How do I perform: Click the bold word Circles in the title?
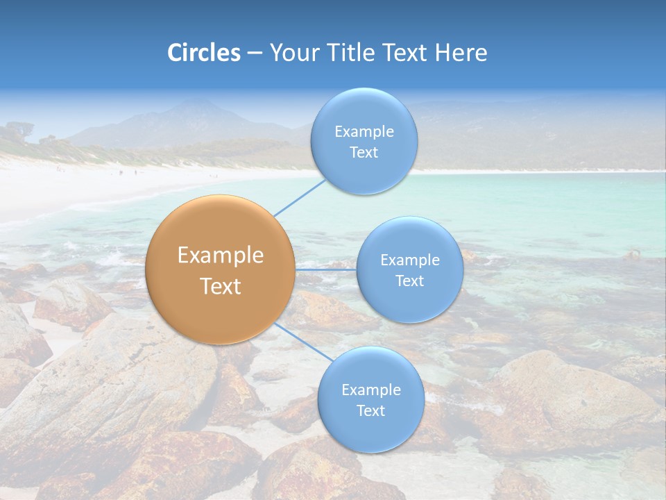(x=204, y=53)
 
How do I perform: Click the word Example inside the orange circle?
(x=221, y=256)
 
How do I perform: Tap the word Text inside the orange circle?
(x=221, y=286)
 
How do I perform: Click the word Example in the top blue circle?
(x=364, y=132)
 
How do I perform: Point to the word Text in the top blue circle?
(x=364, y=153)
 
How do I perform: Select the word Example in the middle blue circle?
(x=410, y=260)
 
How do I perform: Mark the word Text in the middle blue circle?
(x=409, y=281)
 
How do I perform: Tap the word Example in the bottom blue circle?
(x=371, y=390)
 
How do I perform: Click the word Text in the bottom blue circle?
(x=370, y=411)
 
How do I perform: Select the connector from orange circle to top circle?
(x=299, y=198)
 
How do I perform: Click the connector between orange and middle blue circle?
(x=325, y=269)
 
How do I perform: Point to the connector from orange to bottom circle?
(x=303, y=342)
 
